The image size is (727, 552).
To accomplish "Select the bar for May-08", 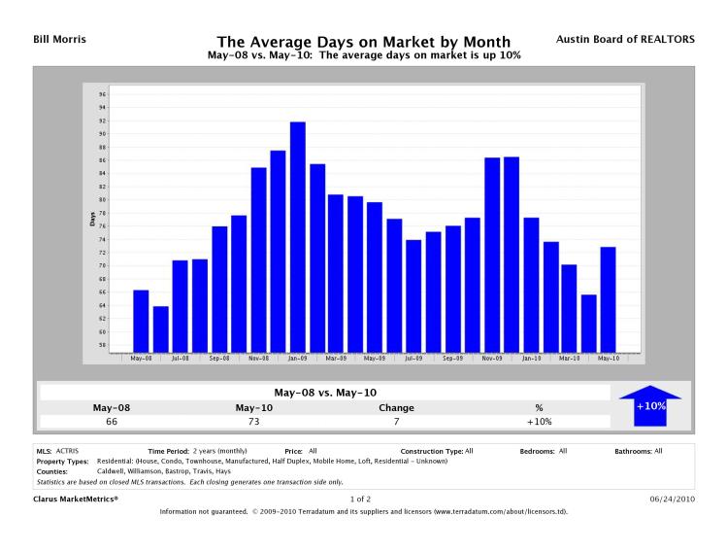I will (141, 320).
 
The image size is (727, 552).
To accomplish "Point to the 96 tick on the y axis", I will (102, 94).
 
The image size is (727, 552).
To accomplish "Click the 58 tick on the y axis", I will (102, 344).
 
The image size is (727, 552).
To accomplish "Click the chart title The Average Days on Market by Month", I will (363, 42).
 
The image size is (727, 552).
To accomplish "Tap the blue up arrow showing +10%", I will (649, 405).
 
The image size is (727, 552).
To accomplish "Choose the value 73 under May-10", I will (252, 421).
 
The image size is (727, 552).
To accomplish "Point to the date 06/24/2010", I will (672, 499).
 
